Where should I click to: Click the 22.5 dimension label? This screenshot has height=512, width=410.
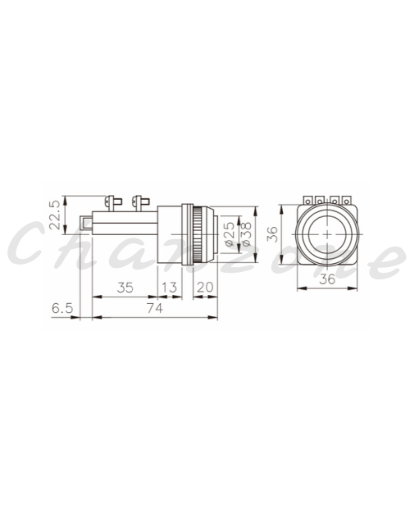coord(55,215)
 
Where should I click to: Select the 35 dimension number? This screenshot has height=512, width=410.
coord(125,288)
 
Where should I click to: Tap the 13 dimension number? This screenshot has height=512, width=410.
coord(170,288)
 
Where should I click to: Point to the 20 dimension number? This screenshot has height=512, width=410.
coord(205,288)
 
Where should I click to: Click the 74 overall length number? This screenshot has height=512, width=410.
coord(154,308)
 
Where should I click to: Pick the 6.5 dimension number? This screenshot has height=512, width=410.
coord(62,308)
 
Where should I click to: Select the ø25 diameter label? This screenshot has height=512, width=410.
coord(230,234)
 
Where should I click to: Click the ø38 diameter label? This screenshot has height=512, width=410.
coord(246,234)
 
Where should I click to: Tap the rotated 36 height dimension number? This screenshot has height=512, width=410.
coord(272,234)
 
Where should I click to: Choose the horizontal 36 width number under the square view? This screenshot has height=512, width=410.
coord(327,279)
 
